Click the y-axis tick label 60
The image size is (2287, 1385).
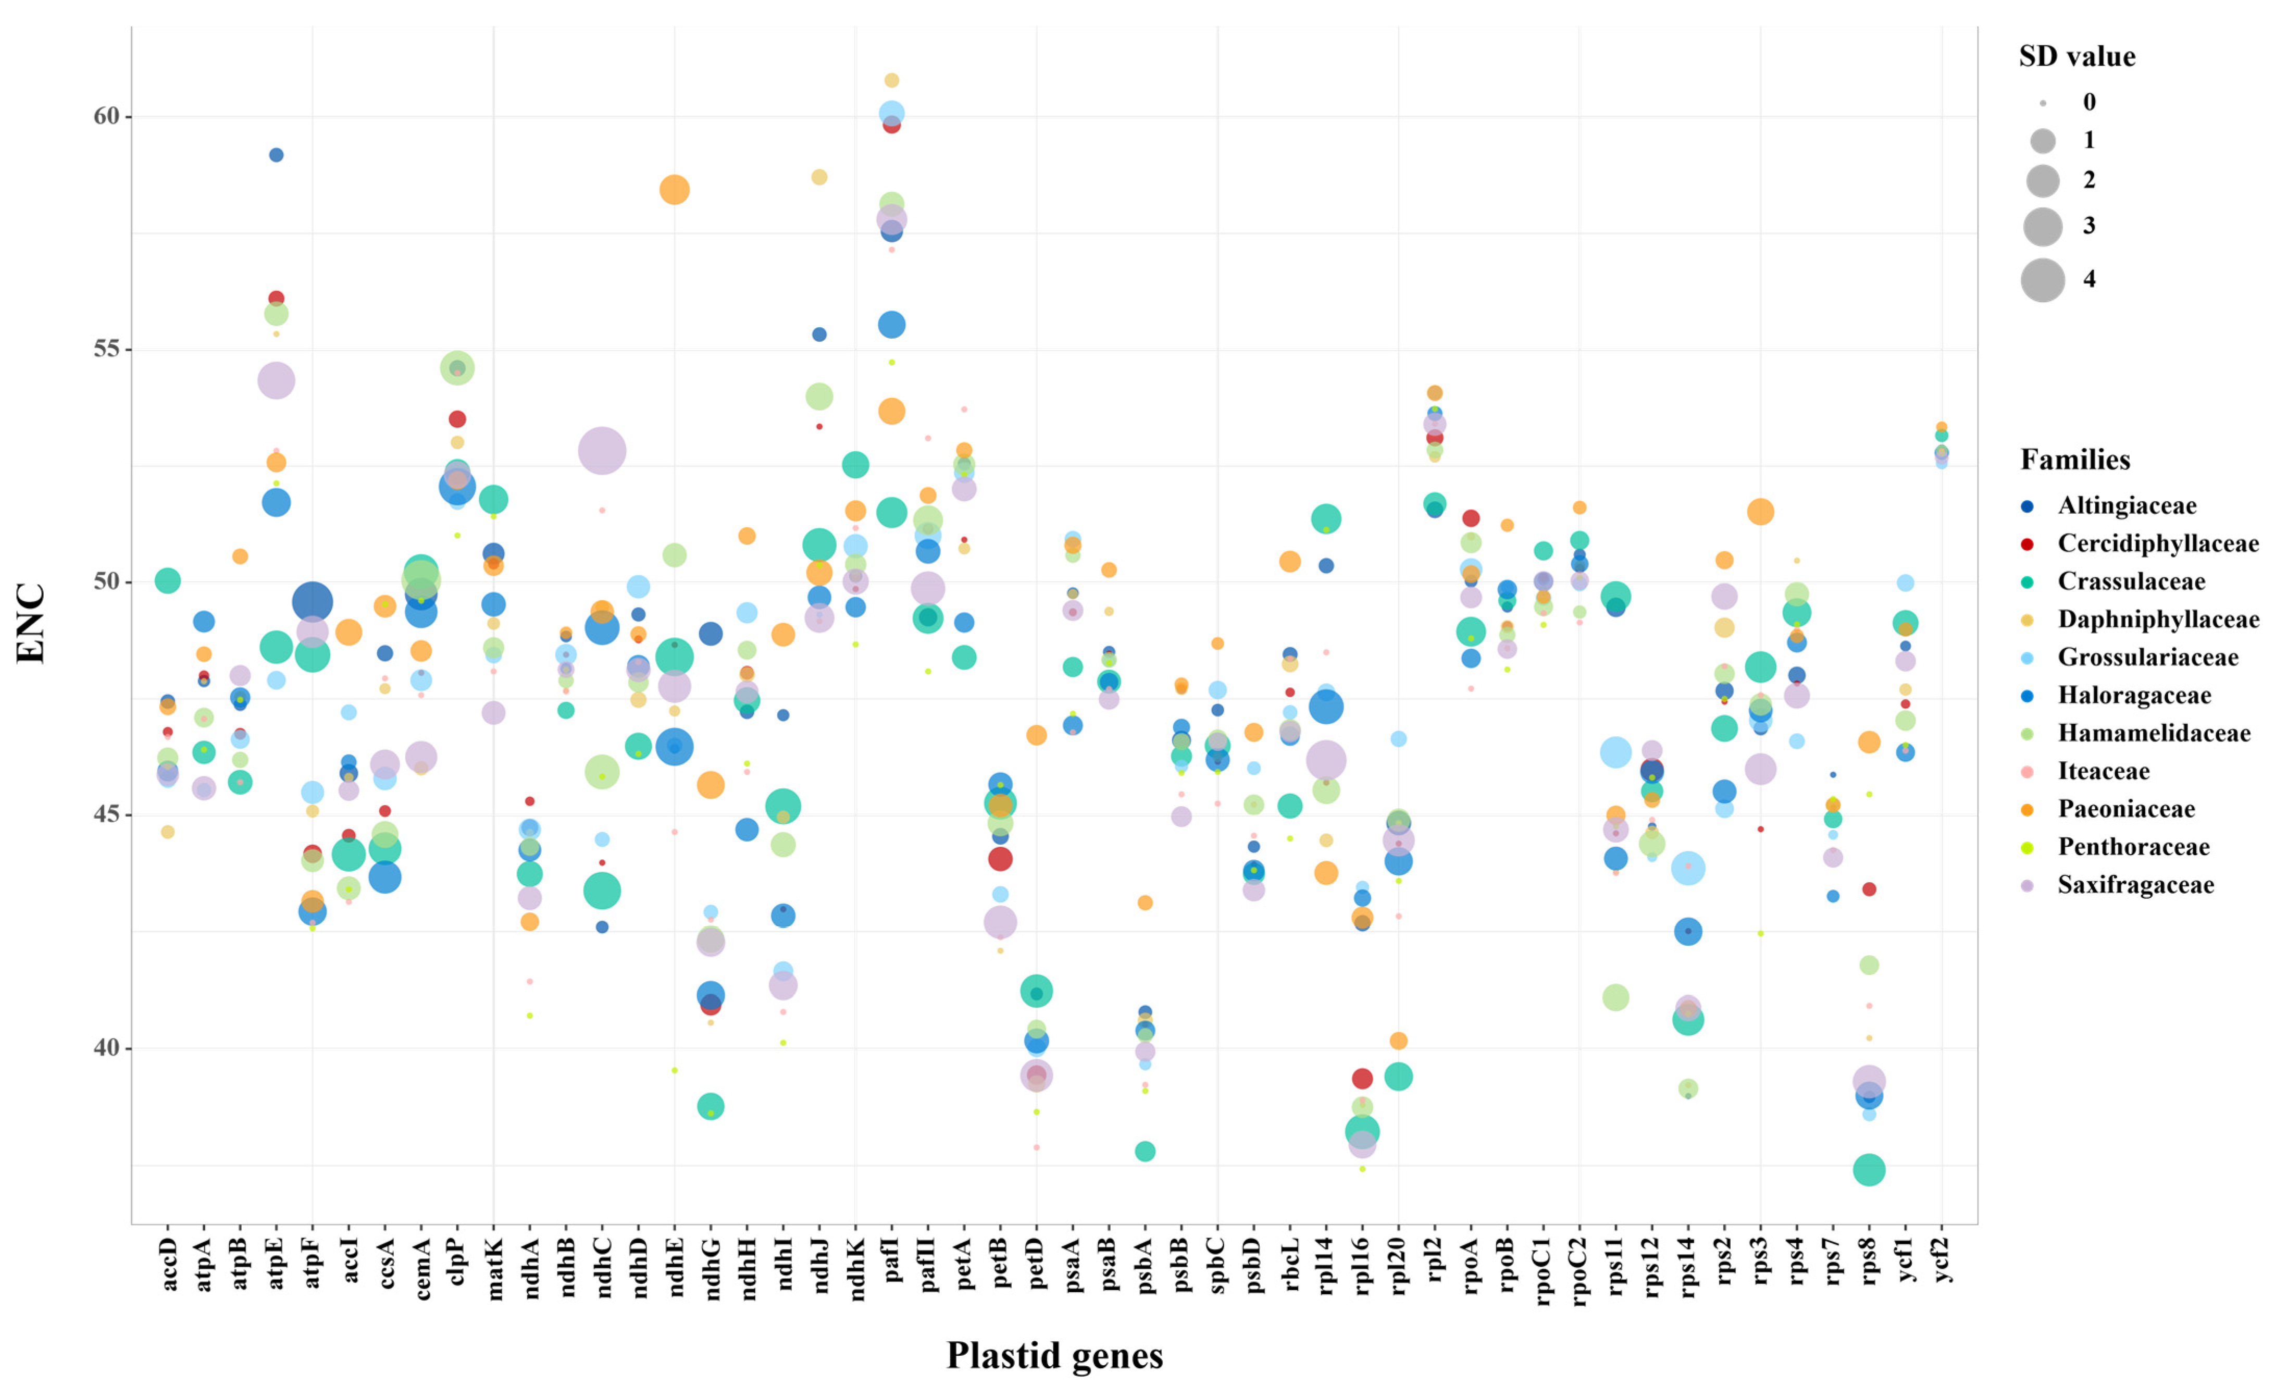click(x=107, y=116)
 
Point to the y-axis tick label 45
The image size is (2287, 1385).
click(x=107, y=815)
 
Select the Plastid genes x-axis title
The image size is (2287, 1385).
click(x=1054, y=1355)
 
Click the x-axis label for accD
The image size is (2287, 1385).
click(x=168, y=1264)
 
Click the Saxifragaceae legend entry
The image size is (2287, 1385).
click(x=2135, y=885)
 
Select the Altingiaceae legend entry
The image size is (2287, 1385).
click(x=2127, y=506)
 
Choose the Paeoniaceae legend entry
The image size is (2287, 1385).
click(x=2126, y=809)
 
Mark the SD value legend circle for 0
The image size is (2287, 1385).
click(x=2043, y=103)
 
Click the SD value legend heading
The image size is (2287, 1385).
click(x=2077, y=57)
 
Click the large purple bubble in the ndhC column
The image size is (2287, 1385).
click(x=602, y=451)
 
